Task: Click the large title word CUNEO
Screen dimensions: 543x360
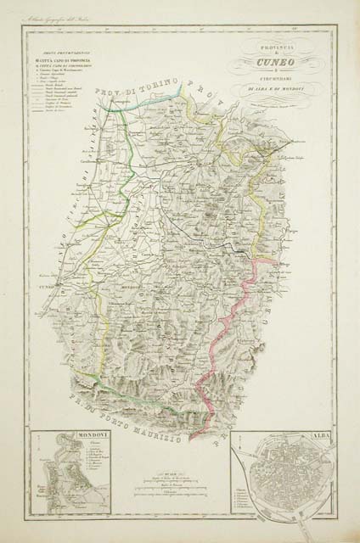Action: point(277,62)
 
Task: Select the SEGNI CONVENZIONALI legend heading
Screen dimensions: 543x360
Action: point(65,50)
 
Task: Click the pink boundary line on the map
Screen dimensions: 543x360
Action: point(225,322)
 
